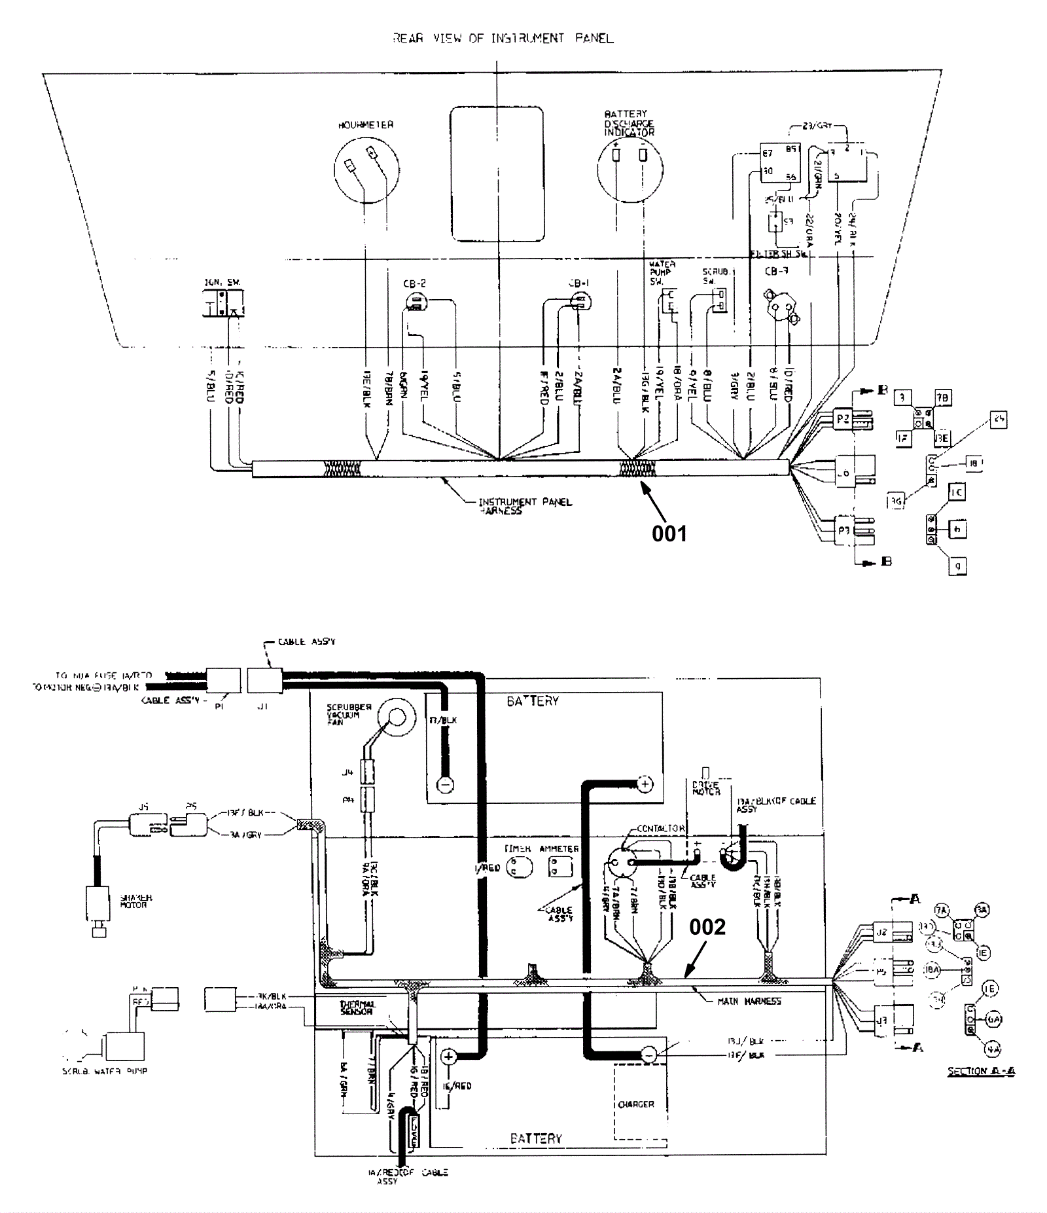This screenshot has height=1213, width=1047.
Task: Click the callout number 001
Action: (x=669, y=534)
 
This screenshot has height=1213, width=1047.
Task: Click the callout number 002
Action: (x=707, y=927)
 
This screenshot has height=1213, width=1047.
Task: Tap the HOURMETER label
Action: (x=366, y=125)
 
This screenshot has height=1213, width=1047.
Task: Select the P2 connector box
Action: (x=843, y=419)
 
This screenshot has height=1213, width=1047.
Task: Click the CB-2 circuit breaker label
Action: (x=415, y=284)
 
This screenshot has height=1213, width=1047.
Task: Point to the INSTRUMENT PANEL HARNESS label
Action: (x=525, y=506)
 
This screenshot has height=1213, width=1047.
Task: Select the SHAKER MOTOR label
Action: (x=136, y=901)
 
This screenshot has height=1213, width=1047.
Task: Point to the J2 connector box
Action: (x=882, y=932)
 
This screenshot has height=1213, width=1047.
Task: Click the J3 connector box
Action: (x=882, y=1020)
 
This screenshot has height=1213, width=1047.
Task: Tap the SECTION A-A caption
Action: (x=981, y=1072)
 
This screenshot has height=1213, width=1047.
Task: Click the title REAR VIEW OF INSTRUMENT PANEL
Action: (x=503, y=39)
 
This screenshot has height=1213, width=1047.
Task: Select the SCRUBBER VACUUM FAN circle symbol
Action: (x=397, y=717)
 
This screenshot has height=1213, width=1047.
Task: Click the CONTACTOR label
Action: (x=660, y=828)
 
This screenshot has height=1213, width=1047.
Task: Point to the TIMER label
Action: (x=517, y=849)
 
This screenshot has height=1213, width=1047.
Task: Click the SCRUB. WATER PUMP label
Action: (x=105, y=1072)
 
